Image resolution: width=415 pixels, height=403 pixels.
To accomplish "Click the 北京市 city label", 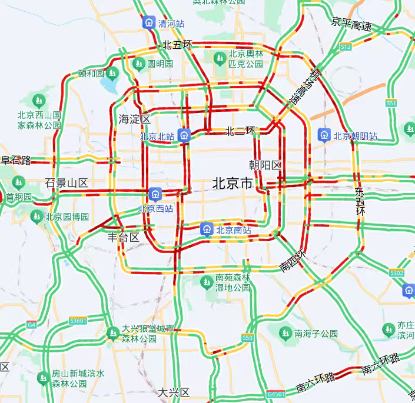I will pyautogui.click(x=232, y=184).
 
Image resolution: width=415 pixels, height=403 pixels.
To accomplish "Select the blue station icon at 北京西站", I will pyautogui.click(x=156, y=193).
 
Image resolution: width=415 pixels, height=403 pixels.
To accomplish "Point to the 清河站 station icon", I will pyautogui.click(x=150, y=23).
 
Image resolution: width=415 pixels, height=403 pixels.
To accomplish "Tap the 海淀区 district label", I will pyautogui.click(x=134, y=119).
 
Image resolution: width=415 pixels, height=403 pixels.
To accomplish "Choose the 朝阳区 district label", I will pyautogui.click(x=265, y=164).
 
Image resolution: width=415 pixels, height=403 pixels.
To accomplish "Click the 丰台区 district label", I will pyautogui.click(x=123, y=238).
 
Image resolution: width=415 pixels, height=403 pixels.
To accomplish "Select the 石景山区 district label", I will pyautogui.click(x=66, y=184).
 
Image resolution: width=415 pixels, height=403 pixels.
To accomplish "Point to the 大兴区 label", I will pyautogui.click(x=174, y=392).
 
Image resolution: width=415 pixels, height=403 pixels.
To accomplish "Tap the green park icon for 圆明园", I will pyautogui.click(x=140, y=64).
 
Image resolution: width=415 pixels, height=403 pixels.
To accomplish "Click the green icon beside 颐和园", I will pyautogui.click(x=112, y=73).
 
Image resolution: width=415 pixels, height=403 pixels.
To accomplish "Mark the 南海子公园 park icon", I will pyautogui.click(x=285, y=334).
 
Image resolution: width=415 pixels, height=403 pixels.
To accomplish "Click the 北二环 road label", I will pyautogui.click(x=240, y=131).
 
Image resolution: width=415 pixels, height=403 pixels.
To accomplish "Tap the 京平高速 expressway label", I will pyautogui.click(x=351, y=25).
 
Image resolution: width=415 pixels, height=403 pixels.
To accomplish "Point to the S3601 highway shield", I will pyautogui.click(x=78, y=321).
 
